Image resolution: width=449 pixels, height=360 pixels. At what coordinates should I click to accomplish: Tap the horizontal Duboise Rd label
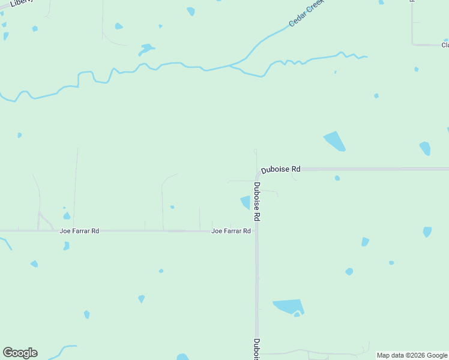coord(280,170)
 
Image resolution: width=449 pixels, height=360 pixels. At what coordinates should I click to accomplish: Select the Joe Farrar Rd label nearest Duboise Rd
coord(231,231)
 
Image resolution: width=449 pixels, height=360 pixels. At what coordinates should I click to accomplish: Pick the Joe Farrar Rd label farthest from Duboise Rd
coord(79,231)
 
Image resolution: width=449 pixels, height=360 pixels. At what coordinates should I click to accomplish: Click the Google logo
coord(20,353)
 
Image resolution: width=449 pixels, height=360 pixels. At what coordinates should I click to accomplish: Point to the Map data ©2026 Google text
coord(412,355)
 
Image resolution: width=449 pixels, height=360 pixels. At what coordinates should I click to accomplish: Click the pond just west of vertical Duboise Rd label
coord(246,202)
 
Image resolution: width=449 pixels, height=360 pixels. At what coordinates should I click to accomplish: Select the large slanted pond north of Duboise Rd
coord(334,141)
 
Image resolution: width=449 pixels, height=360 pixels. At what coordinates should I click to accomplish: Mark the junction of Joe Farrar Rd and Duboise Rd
coord(256,231)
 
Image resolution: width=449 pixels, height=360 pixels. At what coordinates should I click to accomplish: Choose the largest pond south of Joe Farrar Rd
coord(288,307)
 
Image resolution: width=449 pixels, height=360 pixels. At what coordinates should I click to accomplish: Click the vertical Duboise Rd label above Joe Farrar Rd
coord(257,202)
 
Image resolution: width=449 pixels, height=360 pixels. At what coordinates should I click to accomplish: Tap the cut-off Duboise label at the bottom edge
coord(256,349)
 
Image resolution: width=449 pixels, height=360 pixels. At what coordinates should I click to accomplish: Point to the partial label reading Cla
coord(445,45)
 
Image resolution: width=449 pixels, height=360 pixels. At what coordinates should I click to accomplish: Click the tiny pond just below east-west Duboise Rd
coord(337,178)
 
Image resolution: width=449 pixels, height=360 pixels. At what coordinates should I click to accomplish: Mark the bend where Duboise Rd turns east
coord(259,173)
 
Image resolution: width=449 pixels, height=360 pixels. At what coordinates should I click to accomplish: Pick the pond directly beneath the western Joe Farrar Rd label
coord(66,245)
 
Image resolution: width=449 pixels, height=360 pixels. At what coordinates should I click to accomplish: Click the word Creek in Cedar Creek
coord(315,8)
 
